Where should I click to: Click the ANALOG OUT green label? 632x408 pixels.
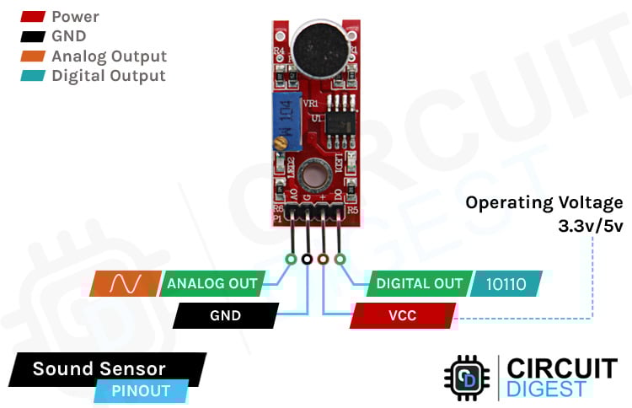[212, 283]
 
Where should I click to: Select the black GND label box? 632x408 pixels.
[225, 316]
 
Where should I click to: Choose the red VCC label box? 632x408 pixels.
[403, 316]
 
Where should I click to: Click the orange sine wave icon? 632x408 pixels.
[125, 283]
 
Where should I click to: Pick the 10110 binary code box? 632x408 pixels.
[506, 284]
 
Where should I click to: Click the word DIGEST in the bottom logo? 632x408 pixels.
[546, 389]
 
